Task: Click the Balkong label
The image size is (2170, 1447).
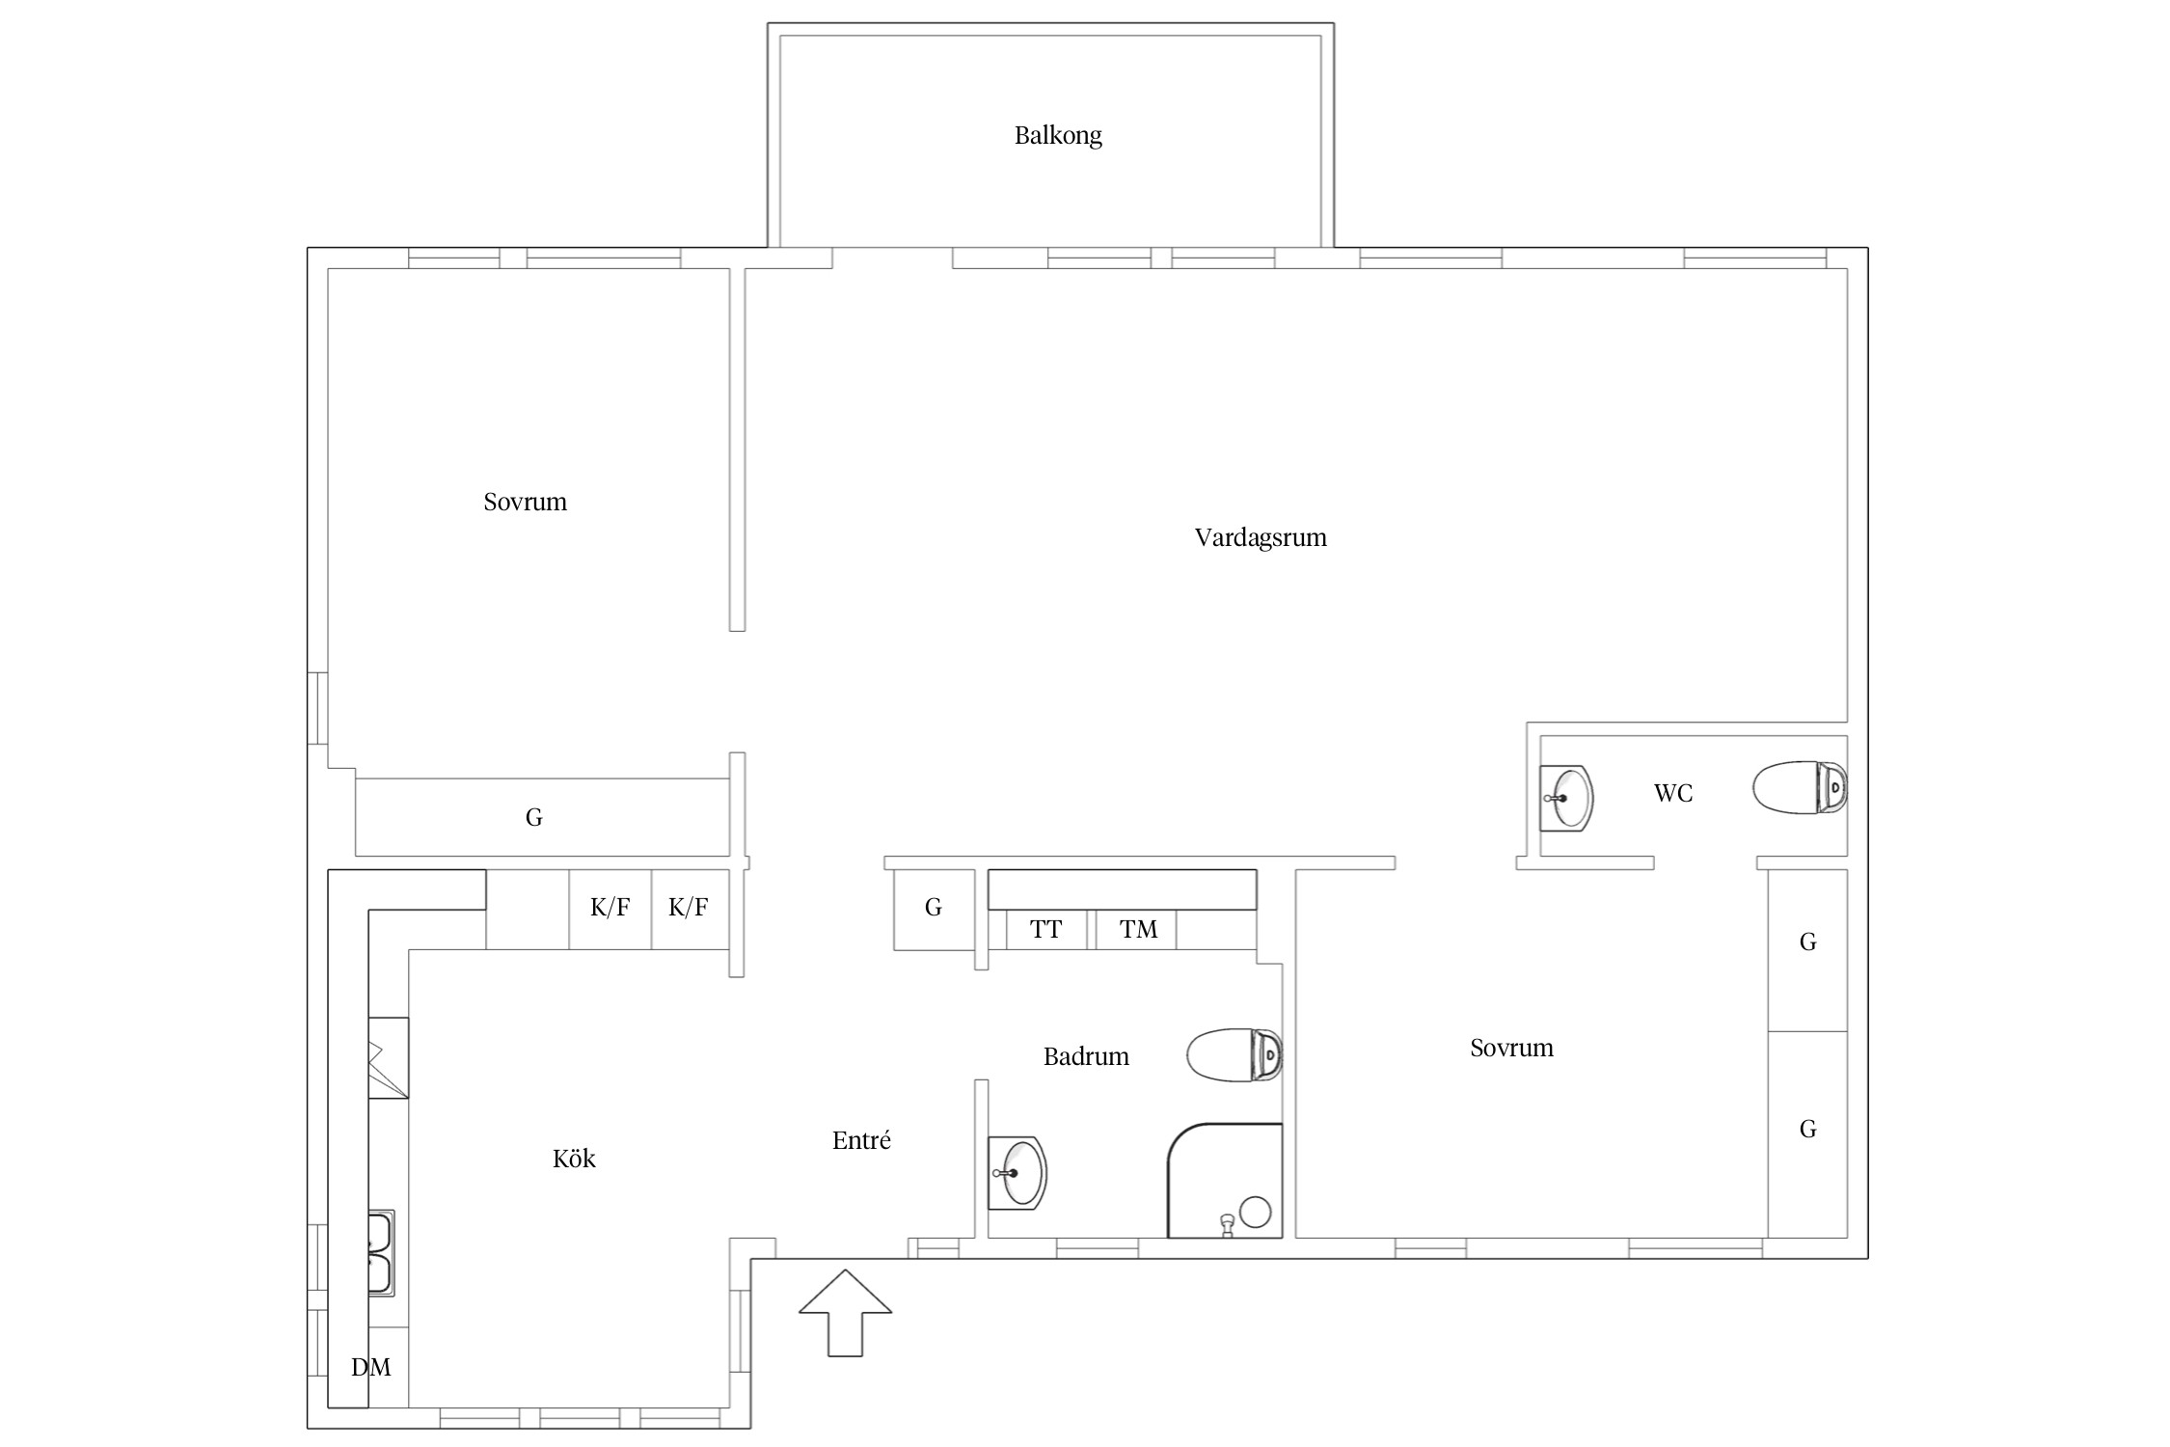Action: [x=1058, y=136]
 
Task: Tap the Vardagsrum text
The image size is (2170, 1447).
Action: [x=1261, y=538]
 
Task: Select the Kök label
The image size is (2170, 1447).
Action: [x=574, y=1158]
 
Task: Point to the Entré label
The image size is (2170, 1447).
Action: [x=861, y=1140]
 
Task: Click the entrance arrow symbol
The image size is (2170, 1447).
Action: [x=845, y=1313]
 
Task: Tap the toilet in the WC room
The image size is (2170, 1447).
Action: [x=1800, y=787]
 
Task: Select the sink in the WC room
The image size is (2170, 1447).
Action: [x=1565, y=798]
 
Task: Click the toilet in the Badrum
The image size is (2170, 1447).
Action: [x=1234, y=1055]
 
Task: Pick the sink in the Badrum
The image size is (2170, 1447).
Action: [x=1017, y=1173]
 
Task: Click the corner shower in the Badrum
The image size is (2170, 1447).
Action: [x=1225, y=1181]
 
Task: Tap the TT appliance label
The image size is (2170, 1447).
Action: [x=1045, y=930]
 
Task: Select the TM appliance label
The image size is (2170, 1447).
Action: [x=1138, y=930]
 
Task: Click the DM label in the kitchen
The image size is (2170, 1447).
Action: [x=370, y=1367]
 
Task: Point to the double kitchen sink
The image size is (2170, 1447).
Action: [x=381, y=1253]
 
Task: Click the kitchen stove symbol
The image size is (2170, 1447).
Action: [x=388, y=1057]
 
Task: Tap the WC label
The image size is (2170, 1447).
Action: [x=1673, y=793]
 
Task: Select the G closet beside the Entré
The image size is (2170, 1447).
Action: [x=934, y=909]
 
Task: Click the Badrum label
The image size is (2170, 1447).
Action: [x=1086, y=1056]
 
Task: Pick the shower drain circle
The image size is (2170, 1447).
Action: [x=1255, y=1212]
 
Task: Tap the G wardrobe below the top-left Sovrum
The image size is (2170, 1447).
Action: [x=542, y=817]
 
